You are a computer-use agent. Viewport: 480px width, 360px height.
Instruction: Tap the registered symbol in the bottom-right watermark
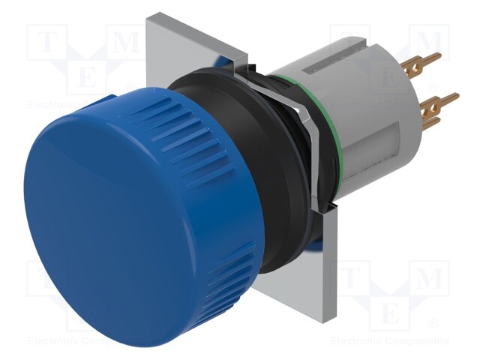click(x=433, y=324)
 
